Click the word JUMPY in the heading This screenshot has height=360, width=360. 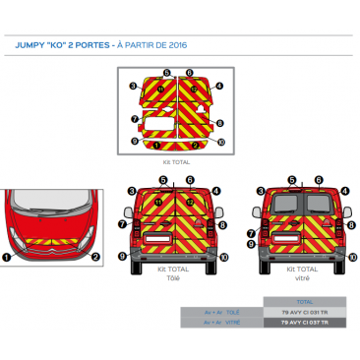click(x=30, y=45)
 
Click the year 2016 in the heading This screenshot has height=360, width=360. click(x=177, y=45)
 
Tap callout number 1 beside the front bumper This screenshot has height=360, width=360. click(x=7, y=257)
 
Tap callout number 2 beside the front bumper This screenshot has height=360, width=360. click(x=95, y=257)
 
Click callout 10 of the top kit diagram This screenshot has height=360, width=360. click(x=221, y=143)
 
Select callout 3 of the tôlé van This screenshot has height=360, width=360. click(x=132, y=189)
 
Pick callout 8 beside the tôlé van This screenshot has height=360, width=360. click(x=224, y=224)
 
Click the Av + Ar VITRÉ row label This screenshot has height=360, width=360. click(x=223, y=322)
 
